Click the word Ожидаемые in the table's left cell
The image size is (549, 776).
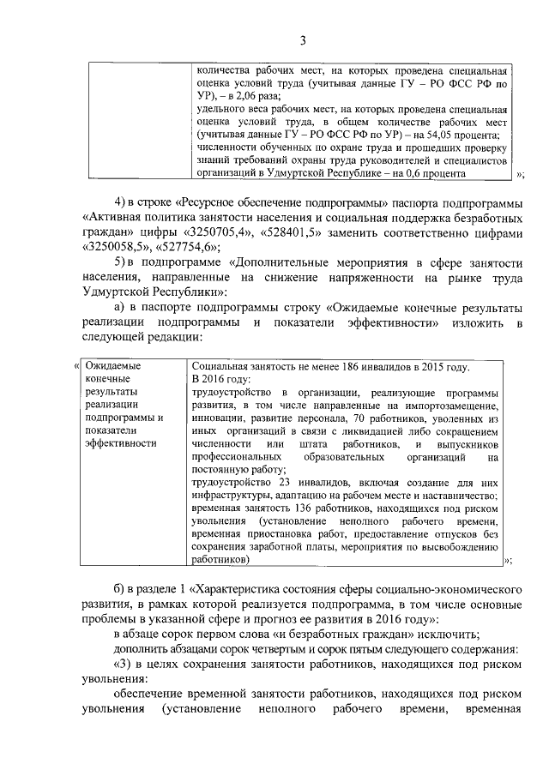113,367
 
